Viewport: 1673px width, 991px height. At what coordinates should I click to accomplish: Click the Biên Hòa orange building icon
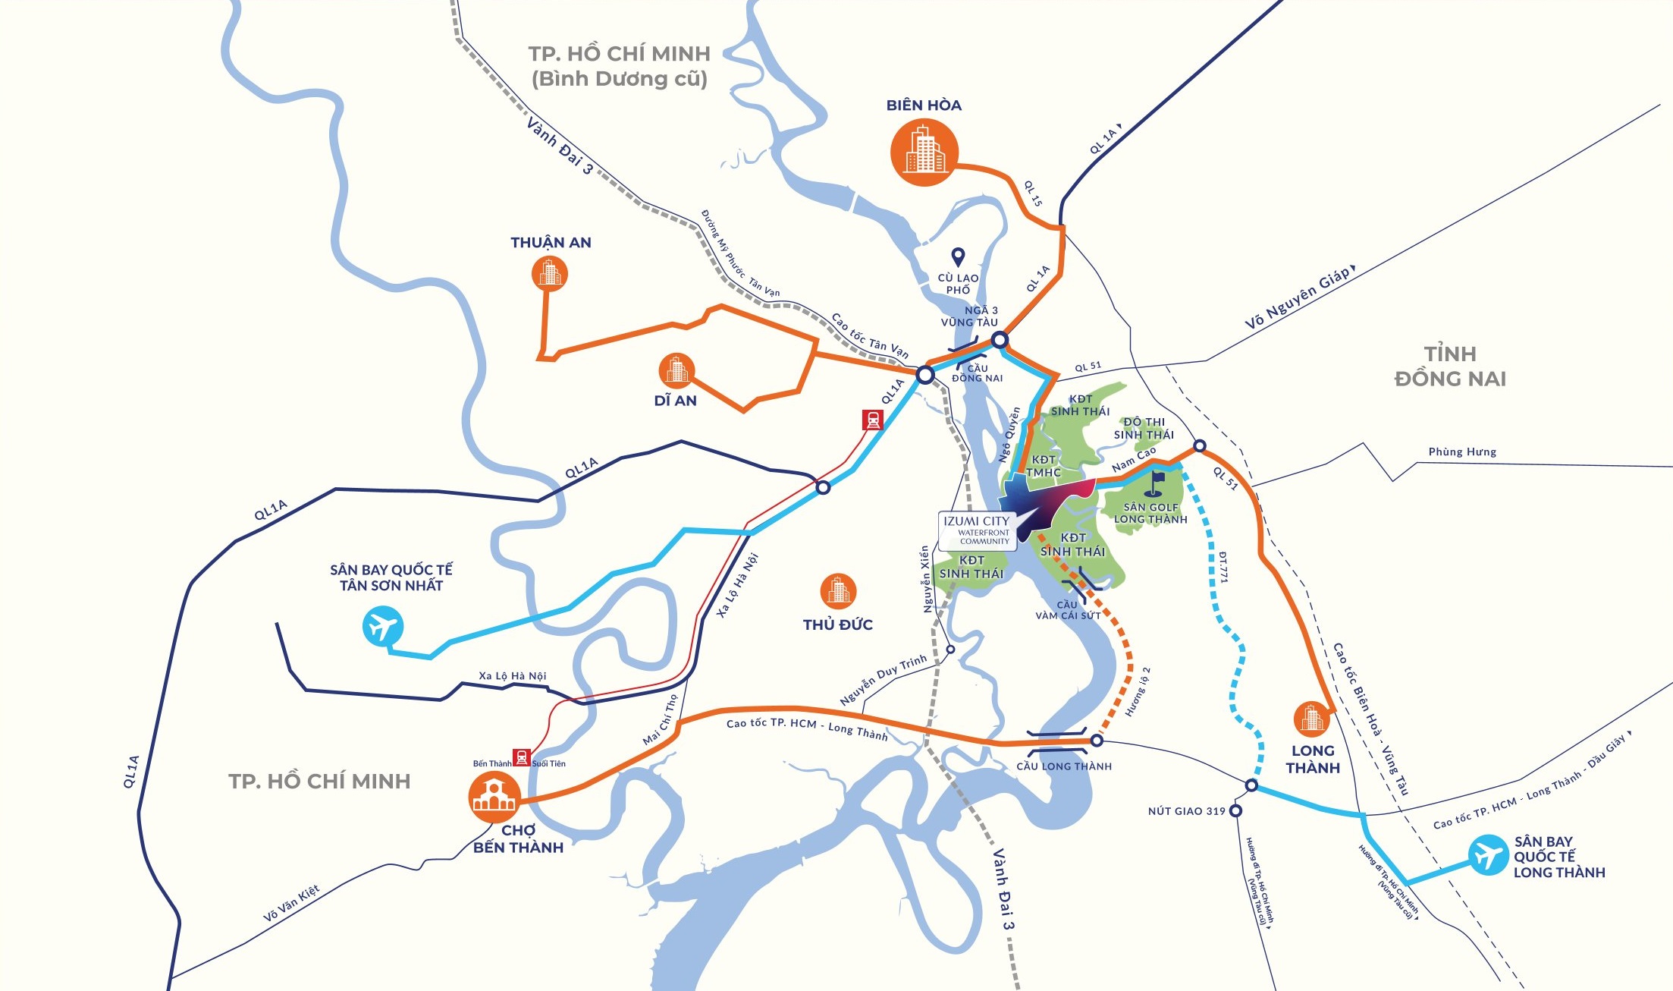coord(924,152)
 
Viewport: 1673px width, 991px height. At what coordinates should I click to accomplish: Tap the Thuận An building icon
coord(550,273)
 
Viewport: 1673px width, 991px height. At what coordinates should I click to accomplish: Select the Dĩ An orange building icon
coord(676,370)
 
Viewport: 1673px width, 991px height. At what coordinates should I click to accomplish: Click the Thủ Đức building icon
coord(838,590)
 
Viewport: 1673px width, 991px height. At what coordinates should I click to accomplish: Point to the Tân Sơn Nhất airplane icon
coord(382,627)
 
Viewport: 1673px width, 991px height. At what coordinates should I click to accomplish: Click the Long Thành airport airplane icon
coord(1487,855)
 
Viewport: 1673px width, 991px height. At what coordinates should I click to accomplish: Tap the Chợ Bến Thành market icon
coord(494,797)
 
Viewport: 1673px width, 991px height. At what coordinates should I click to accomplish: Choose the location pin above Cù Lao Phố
coord(958,257)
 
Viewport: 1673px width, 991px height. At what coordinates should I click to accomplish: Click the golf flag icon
coord(1157,483)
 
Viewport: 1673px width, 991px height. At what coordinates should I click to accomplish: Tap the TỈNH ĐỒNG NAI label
coord(1450,367)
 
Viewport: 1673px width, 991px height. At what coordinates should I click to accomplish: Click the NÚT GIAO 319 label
coord(1186,811)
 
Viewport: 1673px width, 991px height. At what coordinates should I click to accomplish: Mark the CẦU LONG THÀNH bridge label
coord(1064,766)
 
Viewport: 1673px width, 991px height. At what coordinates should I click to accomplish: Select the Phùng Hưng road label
coord(1462,452)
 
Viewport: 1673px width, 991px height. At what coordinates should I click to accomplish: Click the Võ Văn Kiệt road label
coord(291,903)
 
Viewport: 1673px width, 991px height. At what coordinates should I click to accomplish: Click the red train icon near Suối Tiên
coord(521,757)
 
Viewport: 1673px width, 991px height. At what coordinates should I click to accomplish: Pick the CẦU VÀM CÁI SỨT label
coord(1068,610)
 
